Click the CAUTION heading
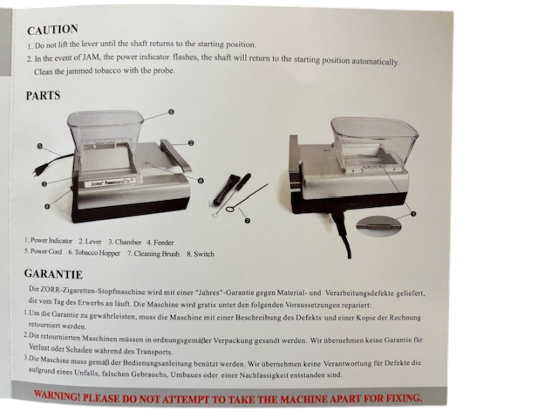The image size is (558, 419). click(52, 30)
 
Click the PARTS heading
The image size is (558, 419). click(43, 95)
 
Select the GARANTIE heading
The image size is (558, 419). click(53, 274)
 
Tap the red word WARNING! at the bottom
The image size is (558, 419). click(57, 395)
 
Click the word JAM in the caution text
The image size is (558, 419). click(91, 57)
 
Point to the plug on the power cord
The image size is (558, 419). click(38, 171)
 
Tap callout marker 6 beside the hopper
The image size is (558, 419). click(171, 112)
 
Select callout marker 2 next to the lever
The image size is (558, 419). click(191, 143)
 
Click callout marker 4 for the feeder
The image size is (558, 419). click(47, 207)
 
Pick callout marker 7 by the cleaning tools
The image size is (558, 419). click(248, 221)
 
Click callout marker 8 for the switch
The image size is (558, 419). click(201, 181)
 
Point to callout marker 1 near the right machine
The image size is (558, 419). click(413, 214)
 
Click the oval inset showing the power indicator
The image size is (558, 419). click(378, 226)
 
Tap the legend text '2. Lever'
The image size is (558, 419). click(90, 241)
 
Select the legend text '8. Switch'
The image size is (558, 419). click(201, 254)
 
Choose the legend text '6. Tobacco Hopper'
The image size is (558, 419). click(94, 252)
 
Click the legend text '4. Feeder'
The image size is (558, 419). click(160, 243)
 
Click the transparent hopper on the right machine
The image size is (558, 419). click(374, 142)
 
